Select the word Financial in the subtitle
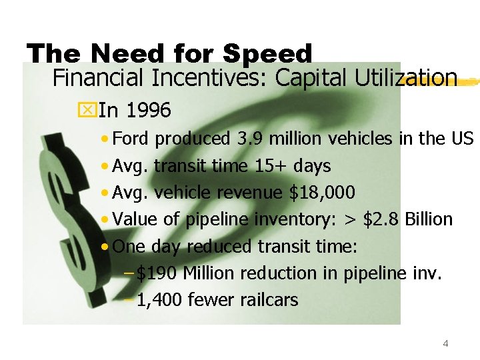[x=99, y=79]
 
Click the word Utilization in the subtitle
[x=411, y=78]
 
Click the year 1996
[x=148, y=110]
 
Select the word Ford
[x=133, y=139]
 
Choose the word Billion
[x=429, y=219]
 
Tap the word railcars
[x=267, y=300]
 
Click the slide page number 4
[x=445, y=344]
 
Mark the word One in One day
[x=129, y=247]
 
